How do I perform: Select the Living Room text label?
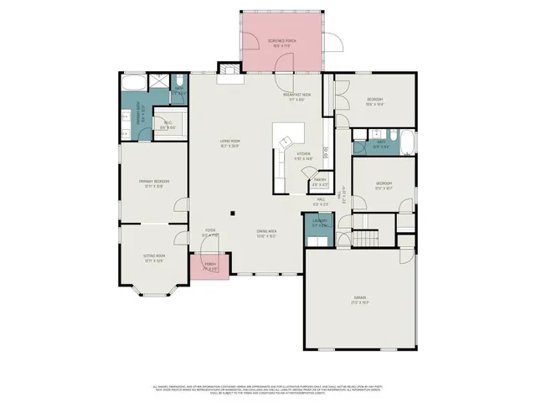pos(229,142)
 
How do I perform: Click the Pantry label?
pos(319,182)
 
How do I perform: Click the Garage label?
pos(359,299)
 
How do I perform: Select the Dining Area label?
pos(266,234)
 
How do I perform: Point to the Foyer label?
pos(209,234)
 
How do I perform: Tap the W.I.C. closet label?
pos(167,126)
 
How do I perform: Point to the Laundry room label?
pos(319,224)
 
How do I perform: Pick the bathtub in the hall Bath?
pos(405,144)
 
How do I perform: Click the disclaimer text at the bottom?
pos(268,389)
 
